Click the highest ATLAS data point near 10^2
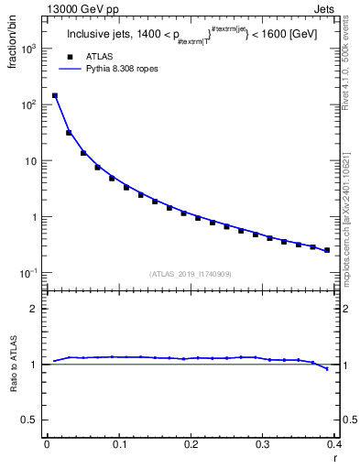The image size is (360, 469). [55, 95]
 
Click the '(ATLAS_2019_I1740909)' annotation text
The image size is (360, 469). [190, 274]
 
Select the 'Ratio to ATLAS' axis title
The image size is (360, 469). [16, 364]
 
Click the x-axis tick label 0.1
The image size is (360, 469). [118, 444]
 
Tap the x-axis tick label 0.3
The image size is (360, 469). [262, 444]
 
